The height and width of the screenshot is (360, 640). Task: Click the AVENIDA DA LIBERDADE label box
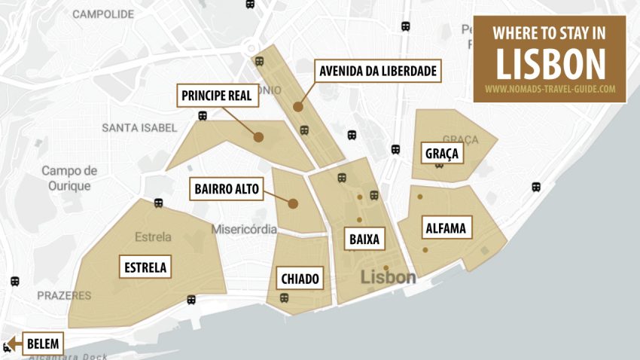tap(378, 72)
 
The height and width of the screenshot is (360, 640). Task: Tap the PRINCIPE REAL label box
tap(215, 96)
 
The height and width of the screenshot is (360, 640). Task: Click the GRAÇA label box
tap(442, 154)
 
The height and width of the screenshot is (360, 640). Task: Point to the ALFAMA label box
tap(446, 227)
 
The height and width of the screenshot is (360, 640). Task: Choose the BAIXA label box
tap(364, 239)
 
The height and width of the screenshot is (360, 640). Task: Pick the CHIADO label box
tap(300, 279)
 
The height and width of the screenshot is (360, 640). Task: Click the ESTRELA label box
tap(145, 267)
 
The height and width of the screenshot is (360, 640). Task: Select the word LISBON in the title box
tap(549, 64)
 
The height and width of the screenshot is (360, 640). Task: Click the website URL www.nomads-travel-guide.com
tap(549, 89)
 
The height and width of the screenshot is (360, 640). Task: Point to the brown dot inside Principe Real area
tap(258, 137)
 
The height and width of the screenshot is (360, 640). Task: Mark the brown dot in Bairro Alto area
tap(293, 203)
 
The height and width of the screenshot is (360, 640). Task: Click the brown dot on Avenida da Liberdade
tap(298, 107)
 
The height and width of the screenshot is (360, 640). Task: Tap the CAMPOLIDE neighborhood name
tap(103, 14)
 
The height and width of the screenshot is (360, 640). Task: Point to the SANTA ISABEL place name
tap(139, 128)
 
